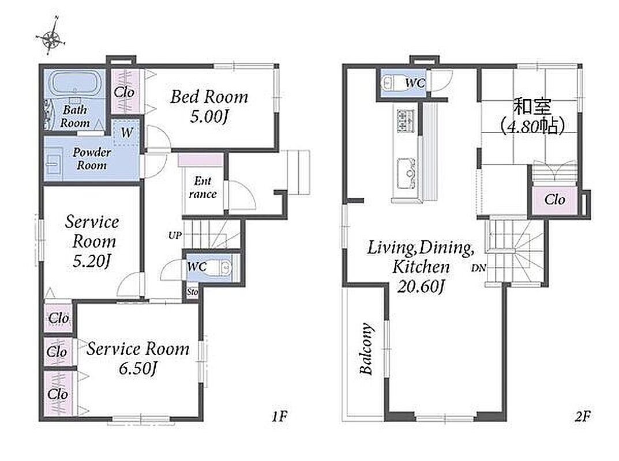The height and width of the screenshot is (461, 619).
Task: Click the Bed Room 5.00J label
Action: (x=209, y=107)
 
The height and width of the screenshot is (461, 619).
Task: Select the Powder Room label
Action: (x=92, y=158)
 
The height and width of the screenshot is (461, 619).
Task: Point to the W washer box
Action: (x=126, y=133)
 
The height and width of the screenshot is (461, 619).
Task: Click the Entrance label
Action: (x=202, y=187)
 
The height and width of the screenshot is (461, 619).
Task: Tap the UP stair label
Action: (x=175, y=236)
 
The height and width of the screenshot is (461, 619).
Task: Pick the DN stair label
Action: (x=478, y=268)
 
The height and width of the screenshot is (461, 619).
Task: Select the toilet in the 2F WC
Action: (x=391, y=84)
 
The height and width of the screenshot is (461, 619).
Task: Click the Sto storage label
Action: (x=192, y=292)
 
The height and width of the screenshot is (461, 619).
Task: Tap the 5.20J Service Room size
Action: (x=91, y=261)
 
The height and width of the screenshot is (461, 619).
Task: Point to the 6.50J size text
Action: (x=138, y=369)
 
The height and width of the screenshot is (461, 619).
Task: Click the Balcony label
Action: (x=366, y=349)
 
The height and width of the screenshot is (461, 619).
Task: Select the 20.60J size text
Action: (x=421, y=285)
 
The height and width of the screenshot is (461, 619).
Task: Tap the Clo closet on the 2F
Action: (x=554, y=199)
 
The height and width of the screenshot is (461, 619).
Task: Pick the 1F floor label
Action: (x=279, y=416)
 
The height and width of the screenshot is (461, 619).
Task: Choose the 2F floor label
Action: (x=583, y=416)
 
